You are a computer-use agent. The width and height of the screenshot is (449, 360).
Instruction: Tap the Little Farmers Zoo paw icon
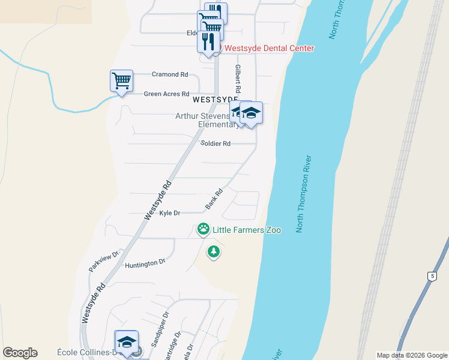pyautogui.click(x=203, y=229)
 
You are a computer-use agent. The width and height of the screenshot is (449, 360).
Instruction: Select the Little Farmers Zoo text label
pyautogui.click(x=238, y=229)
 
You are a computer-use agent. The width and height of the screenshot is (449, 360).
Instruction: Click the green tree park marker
pyautogui.click(x=213, y=251)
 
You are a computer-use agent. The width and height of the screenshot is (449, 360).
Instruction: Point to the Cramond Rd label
pyautogui.click(x=170, y=74)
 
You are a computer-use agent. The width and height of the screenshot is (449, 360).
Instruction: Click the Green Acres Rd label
pyautogui.click(x=166, y=94)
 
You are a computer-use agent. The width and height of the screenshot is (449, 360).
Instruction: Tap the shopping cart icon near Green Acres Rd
pyautogui.click(x=121, y=80)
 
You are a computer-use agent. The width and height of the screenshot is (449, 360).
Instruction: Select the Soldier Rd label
pyautogui.click(x=215, y=143)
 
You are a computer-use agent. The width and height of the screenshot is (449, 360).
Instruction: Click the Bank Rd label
pyautogui.click(x=214, y=199)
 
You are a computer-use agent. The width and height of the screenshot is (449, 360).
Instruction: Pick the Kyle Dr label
pyautogui.click(x=170, y=213)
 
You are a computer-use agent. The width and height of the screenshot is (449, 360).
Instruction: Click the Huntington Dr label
pyautogui.click(x=145, y=263)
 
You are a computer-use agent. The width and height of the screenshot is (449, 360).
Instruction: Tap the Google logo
pyautogui.click(x=20, y=353)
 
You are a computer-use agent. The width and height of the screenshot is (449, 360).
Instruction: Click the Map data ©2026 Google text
pyautogui.click(x=412, y=355)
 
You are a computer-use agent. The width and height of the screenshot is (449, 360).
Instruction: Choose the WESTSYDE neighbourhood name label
pyautogui.click(x=214, y=98)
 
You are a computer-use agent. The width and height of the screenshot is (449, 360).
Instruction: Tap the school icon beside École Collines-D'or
pyautogui.click(x=127, y=342)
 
